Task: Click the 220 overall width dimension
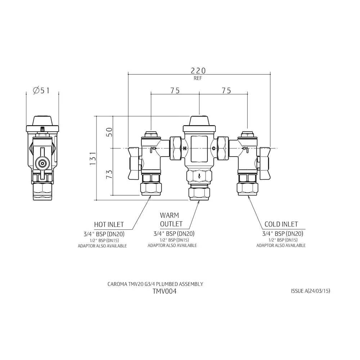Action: pyautogui.click(x=198, y=71)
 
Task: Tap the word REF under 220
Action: pyautogui.click(x=198, y=78)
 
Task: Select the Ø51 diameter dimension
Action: pyautogui.click(x=41, y=90)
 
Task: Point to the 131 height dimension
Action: pyautogui.click(x=93, y=158)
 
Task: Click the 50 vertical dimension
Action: pyautogui.click(x=110, y=132)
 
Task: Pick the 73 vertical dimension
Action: pyautogui.click(x=109, y=174)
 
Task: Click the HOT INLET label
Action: pyautogui.click(x=109, y=224)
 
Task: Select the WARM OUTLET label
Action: pyautogui.click(x=171, y=220)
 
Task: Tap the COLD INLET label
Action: pyautogui.click(x=281, y=224)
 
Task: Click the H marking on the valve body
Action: pyautogui.click(x=185, y=149)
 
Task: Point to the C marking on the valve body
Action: pyautogui.click(x=214, y=149)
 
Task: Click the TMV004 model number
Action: pyautogui.click(x=165, y=291)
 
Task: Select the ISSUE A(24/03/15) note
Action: pyautogui.click(x=310, y=291)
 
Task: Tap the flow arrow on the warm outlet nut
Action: pyautogui.click(x=199, y=177)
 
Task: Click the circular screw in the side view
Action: pyautogui.click(x=42, y=164)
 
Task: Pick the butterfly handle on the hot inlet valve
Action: pyautogui.click(x=134, y=163)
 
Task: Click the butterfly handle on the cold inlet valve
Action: pyautogui.click(x=265, y=163)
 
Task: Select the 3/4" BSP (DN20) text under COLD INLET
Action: pyautogui.click(x=283, y=234)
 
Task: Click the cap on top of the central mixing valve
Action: pyautogui.click(x=199, y=121)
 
